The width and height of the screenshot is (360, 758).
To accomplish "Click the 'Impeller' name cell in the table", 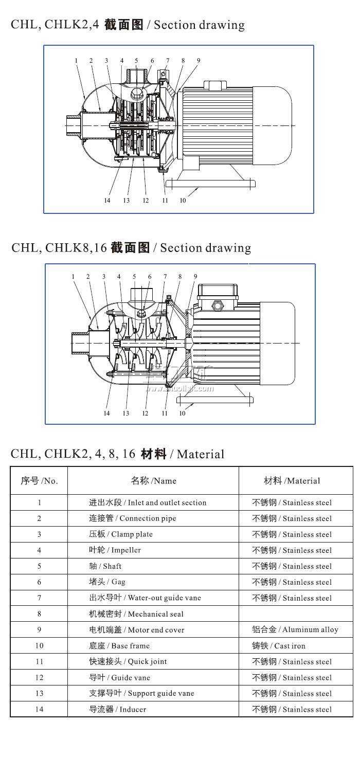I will click(115, 550).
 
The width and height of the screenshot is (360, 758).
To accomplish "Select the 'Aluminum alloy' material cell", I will click(295, 629).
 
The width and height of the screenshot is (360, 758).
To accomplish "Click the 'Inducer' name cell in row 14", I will click(117, 709).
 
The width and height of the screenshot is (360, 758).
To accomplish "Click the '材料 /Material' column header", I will click(292, 481).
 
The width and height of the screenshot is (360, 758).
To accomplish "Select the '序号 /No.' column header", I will click(39, 481).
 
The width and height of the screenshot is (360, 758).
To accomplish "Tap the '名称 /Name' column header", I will click(153, 481).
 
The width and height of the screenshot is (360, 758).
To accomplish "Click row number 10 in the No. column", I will click(39, 645).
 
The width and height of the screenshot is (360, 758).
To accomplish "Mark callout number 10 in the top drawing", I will click(183, 201).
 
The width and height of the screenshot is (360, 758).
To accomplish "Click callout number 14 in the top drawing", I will click(107, 201).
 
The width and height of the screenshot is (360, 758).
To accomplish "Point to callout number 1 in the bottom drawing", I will click(73, 277).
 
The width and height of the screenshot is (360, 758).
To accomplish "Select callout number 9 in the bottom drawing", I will click(195, 277).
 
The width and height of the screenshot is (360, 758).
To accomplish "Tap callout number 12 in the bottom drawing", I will click(145, 413).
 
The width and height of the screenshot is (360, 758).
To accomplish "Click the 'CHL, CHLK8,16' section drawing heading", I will click(131, 248).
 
